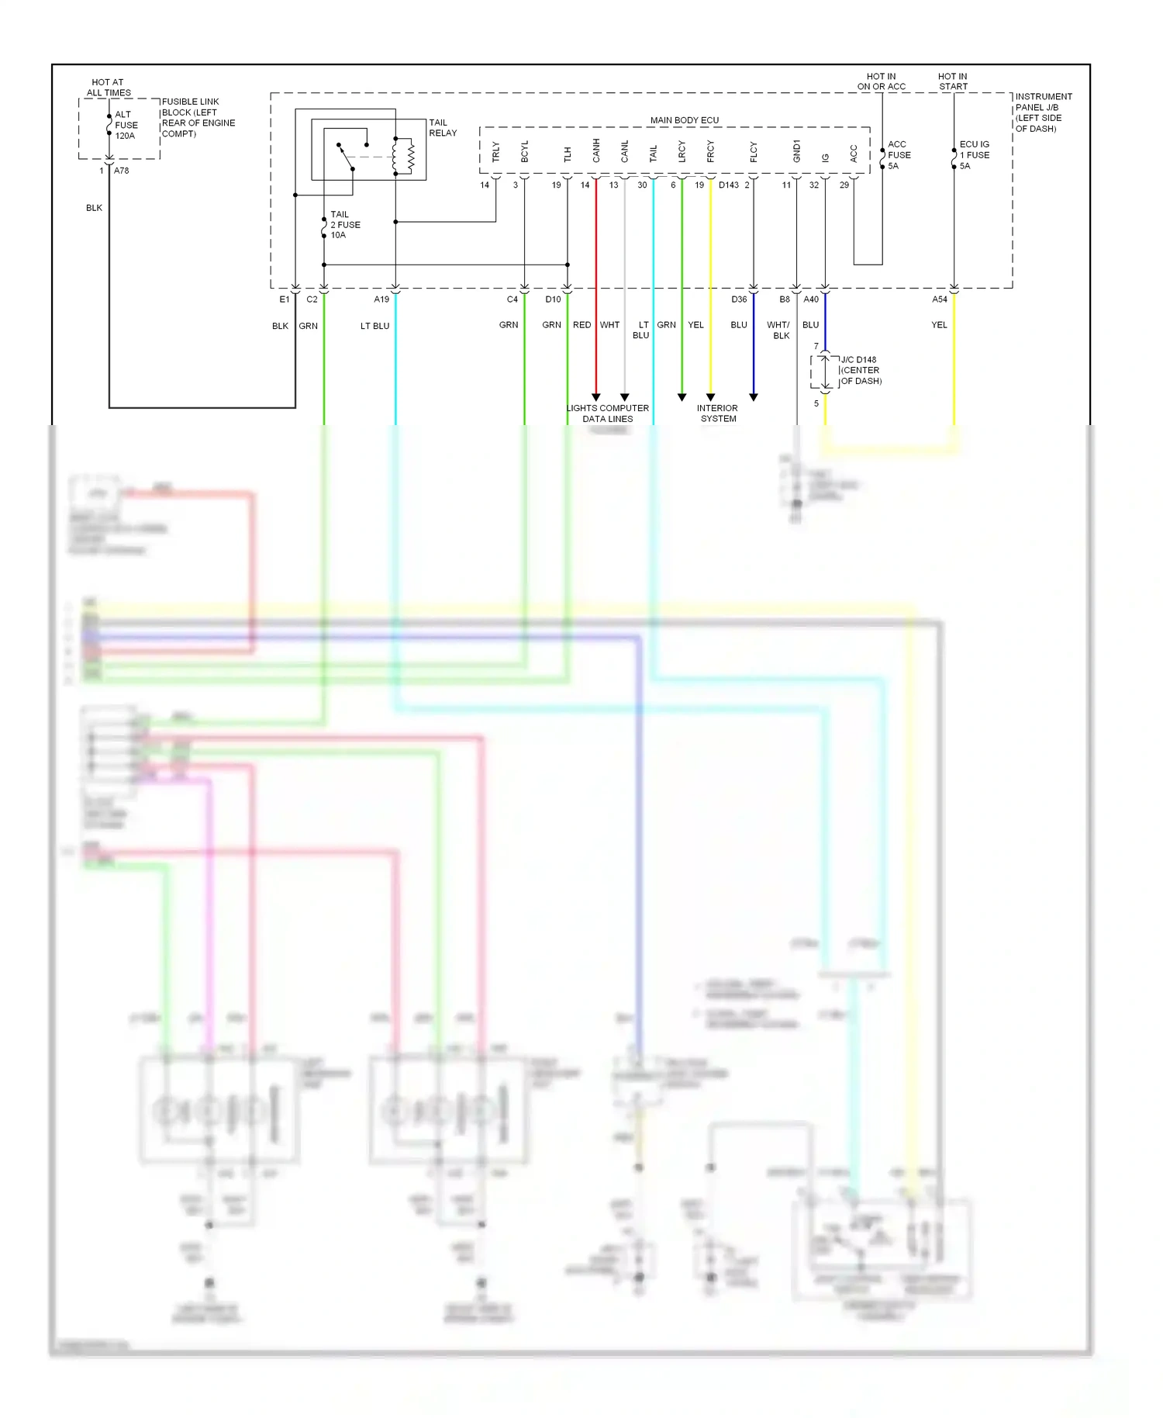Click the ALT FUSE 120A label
pos(126,125)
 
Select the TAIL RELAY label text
pos(443,128)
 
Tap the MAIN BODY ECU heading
pos(684,120)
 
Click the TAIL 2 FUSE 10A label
pos(345,225)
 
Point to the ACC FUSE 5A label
pos(899,155)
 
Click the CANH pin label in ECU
pos(596,150)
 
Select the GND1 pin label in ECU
pos(796,151)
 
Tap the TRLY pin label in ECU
pos(496,151)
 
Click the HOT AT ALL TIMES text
pos(109,87)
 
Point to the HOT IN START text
pos(953,81)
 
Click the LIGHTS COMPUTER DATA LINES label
pos(608,413)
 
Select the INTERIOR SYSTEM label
pos(718,413)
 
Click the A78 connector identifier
pos(122,171)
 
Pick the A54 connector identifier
pos(940,299)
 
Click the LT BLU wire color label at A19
pos(374,326)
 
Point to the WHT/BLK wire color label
pos(778,330)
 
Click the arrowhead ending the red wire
pos(596,397)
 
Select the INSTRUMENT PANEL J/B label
pos(1044,112)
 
